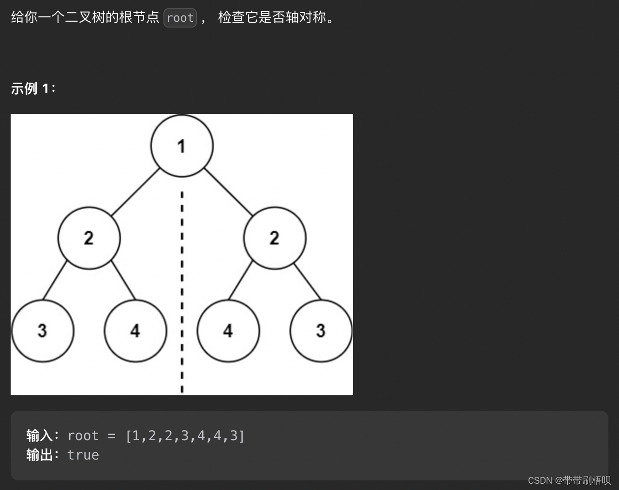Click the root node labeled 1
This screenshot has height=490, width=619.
click(182, 145)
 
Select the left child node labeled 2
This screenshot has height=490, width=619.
click(89, 238)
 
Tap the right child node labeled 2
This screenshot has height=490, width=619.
click(275, 238)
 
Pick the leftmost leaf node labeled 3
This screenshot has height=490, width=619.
click(43, 331)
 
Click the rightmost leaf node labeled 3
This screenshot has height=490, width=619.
click(321, 331)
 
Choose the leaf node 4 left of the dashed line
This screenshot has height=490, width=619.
click(135, 331)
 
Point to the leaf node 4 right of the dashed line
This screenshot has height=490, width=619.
click(228, 331)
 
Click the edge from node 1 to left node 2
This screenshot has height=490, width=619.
click(135, 192)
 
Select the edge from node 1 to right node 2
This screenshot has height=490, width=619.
click(228, 192)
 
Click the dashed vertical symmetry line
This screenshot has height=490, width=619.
click(182, 290)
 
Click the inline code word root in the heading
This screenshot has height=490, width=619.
click(180, 18)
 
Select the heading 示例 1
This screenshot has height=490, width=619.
click(33, 88)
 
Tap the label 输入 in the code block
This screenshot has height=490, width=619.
click(40, 435)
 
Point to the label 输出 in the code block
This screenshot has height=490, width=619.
click(40, 455)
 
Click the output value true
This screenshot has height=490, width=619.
click(83, 455)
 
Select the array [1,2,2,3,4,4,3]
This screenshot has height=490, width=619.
click(185, 435)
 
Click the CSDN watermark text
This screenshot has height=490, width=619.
click(569, 480)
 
